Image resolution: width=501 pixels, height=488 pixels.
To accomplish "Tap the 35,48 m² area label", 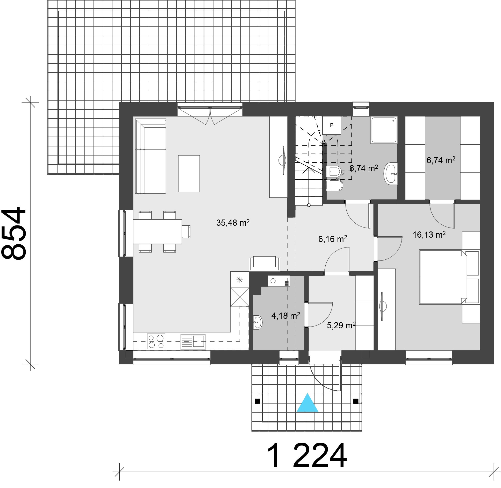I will click(x=233, y=223).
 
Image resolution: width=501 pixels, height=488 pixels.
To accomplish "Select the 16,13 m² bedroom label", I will click(x=429, y=235).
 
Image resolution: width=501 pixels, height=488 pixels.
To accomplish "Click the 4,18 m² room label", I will click(x=285, y=316).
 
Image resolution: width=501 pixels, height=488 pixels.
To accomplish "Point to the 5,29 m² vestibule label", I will click(x=341, y=325).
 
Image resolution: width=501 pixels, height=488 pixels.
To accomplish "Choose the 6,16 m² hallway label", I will click(x=332, y=239).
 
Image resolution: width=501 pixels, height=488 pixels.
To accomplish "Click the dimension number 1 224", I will click(x=307, y=456).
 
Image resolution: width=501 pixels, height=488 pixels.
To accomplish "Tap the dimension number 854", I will click(x=14, y=233).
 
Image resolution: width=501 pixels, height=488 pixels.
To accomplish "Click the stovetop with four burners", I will click(x=156, y=341).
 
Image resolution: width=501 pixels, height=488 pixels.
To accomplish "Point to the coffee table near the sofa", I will click(x=189, y=174).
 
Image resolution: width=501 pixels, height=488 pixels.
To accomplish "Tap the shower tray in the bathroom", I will click(x=384, y=130).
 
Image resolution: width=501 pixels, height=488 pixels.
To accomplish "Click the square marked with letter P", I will click(x=331, y=125).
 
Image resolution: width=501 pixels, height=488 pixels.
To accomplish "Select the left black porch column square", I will click(x=257, y=401).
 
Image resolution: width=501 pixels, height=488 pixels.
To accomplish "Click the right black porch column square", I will click(x=356, y=401).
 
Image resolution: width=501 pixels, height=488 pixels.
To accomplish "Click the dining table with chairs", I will click(x=158, y=231).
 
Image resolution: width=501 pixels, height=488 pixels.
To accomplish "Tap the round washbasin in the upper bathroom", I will click(x=390, y=173).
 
